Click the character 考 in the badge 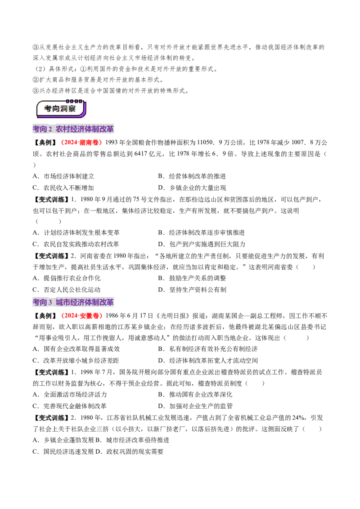point(48,109)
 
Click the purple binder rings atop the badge point(71,102)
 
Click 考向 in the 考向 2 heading point(40,129)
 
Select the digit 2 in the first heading point(50,129)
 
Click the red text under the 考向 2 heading point(82,143)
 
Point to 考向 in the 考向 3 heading point(40,303)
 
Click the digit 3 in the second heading point(50,303)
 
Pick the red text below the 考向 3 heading point(82,316)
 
